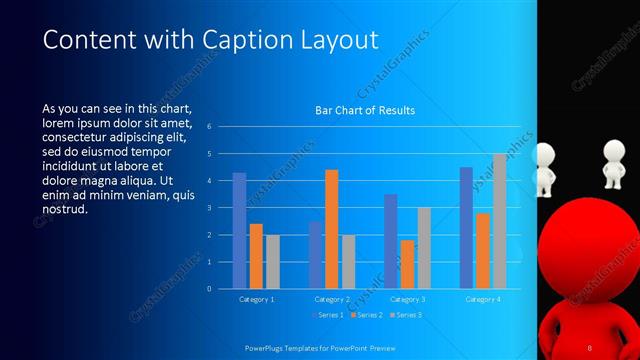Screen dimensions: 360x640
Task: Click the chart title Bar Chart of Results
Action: click(x=365, y=110)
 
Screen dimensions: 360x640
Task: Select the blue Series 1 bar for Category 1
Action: click(x=239, y=231)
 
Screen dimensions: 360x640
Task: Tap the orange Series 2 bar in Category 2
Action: click(x=331, y=229)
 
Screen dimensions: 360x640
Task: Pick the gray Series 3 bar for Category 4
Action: click(x=499, y=221)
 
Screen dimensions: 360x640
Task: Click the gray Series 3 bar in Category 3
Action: click(x=424, y=248)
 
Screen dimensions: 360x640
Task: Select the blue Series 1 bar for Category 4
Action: click(x=466, y=228)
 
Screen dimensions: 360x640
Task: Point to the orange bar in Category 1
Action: click(x=256, y=256)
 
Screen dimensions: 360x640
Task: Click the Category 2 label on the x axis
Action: click(x=331, y=299)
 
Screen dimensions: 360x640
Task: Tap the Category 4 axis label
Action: click(x=483, y=299)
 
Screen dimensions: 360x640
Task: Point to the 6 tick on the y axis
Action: click(x=210, y=127)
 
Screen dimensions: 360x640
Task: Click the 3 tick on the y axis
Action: click(x=210, y=208)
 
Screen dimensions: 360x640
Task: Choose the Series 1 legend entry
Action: click(x=328, y=315)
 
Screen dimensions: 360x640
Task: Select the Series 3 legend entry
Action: click(x=405, y=315)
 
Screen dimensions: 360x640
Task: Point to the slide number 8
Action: click(x=590, y=346)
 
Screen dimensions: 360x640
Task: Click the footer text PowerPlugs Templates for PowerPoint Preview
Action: click(x=327, y=346)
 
